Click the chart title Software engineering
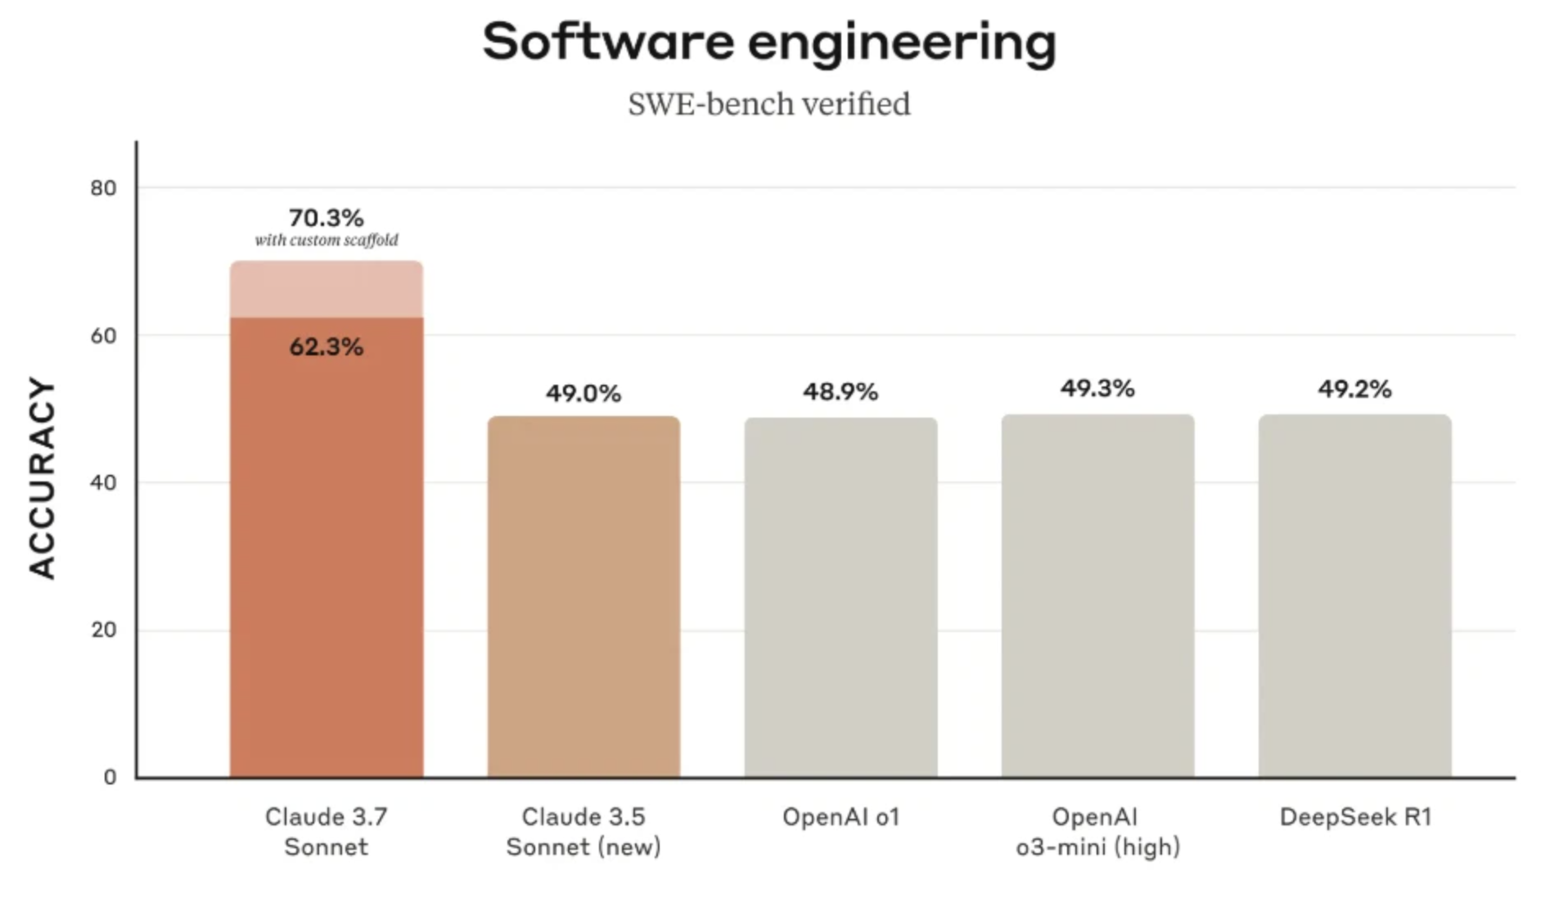[x=769, y=43]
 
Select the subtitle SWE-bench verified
[x=769, y=105]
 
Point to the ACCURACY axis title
[x=42, y=479]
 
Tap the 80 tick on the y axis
[x=104, y=188]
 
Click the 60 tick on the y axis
[x=104, y=336]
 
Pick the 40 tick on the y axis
[x=104, y=483]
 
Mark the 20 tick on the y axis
[x=104, y=630]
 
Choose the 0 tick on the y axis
[x=110, y=777]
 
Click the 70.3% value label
[x=326, y=218]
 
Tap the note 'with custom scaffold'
[x=326, y=240]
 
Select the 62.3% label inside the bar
[x=326, y=347]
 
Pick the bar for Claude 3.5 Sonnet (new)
[x=584, y=598]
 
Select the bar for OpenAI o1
[x=840, y=598]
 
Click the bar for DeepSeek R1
[x=1354, y=598]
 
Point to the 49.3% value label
[x=1097, y=389]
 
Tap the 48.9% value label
[x=840, y=392]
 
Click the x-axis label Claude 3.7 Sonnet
[x=326, y=831]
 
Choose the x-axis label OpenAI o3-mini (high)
[x=1097, y=831]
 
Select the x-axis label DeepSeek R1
[x=1355, y=817]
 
